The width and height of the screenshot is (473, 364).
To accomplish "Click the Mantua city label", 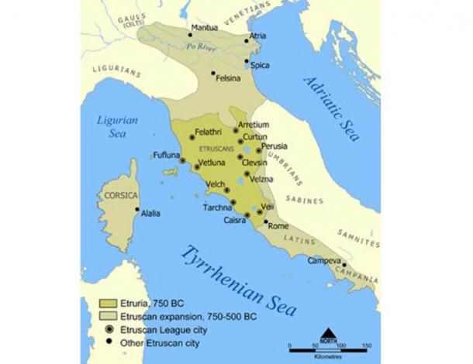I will [x=206, y=28].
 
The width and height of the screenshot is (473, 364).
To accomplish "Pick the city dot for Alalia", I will [x=137, y=210].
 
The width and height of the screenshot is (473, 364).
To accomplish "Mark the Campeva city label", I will [x=324, y=260].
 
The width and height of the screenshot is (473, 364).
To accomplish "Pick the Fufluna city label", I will [x=166, y=155].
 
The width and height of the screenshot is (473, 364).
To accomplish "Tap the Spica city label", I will [x=260, y=65].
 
